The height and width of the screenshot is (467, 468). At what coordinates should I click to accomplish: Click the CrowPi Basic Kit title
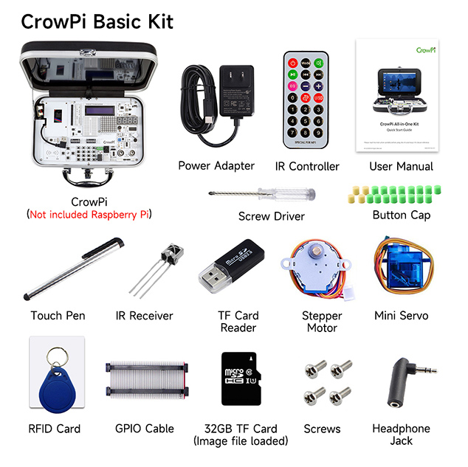97,21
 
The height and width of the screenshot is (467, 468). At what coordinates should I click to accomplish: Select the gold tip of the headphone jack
426,369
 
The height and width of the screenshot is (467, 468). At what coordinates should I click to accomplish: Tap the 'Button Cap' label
401,215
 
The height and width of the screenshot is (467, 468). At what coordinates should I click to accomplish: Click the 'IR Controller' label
307,166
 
